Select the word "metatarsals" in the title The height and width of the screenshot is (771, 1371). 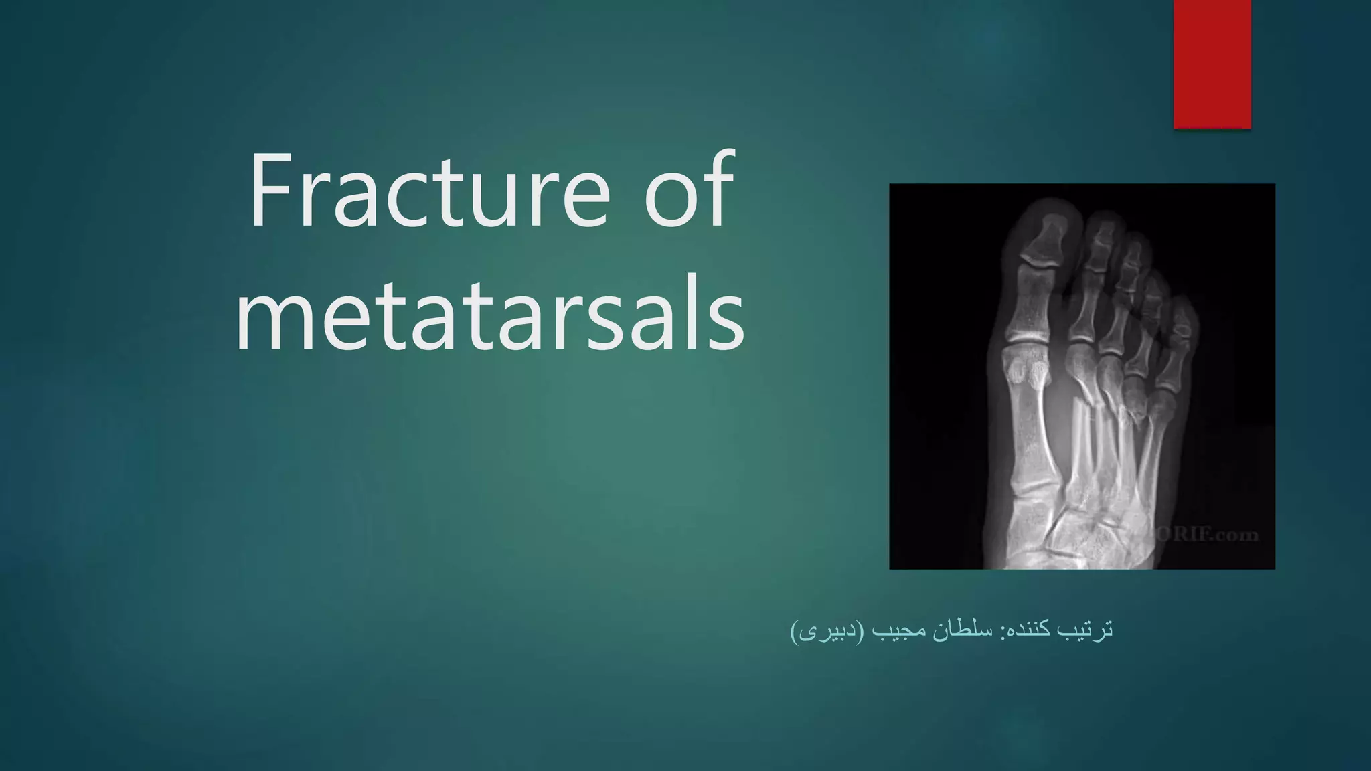490,315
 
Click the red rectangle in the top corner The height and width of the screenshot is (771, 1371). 1212,64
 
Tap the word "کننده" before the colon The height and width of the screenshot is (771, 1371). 1031,631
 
